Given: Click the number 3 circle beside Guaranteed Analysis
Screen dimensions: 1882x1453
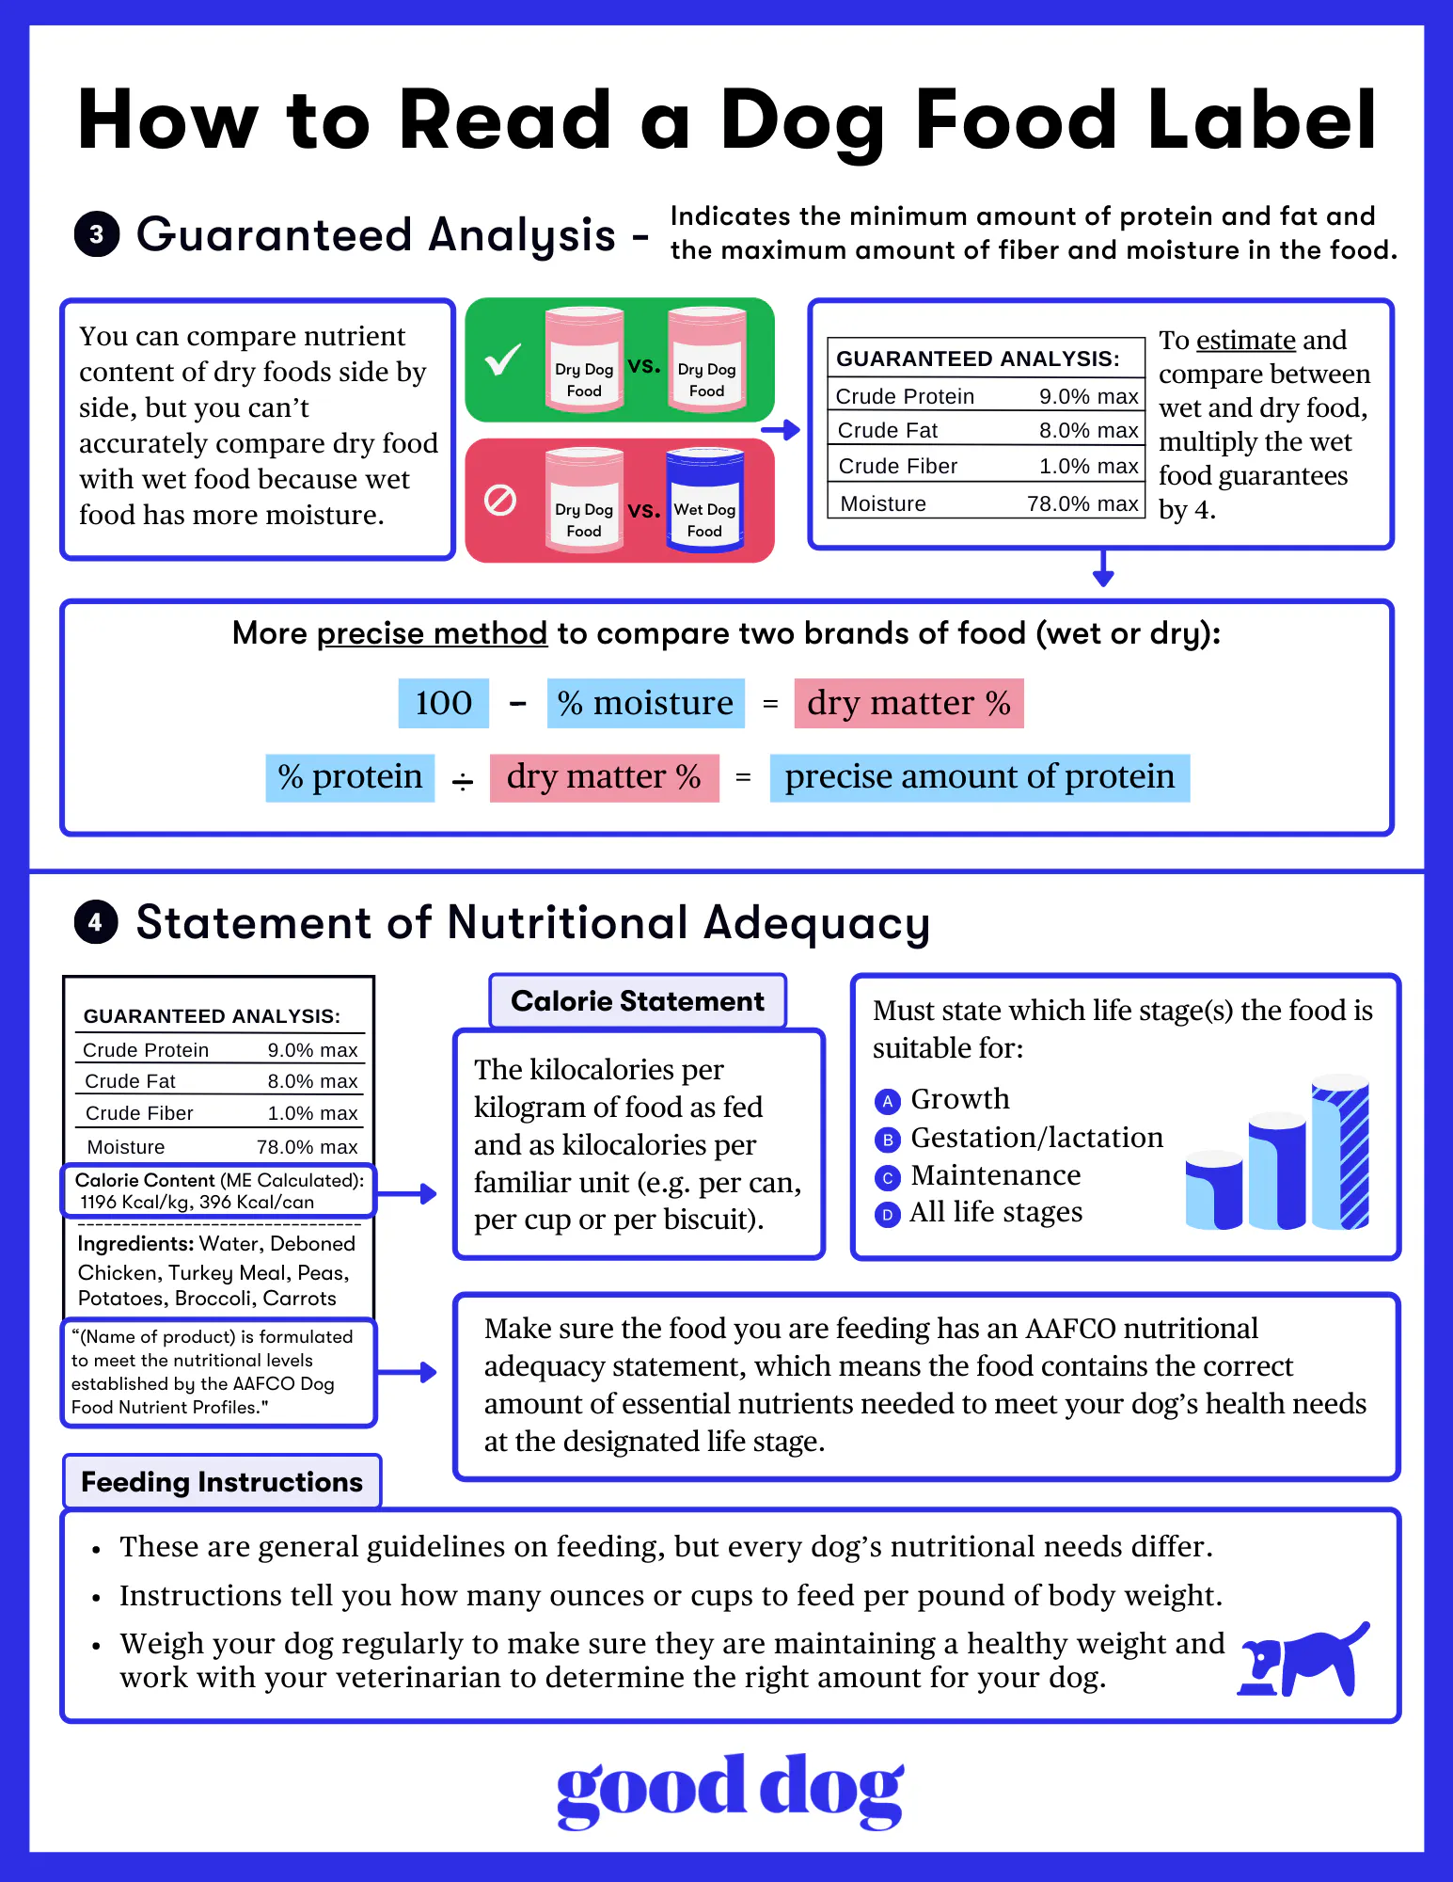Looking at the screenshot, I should click(97, 234).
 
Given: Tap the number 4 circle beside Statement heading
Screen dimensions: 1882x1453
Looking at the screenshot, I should click(96, 922).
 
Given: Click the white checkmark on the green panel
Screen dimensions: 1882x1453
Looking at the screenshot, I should click(503, 359).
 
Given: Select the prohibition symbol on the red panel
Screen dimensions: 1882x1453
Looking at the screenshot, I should click(500, 500).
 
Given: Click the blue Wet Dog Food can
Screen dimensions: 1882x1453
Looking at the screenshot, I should click(704, 500).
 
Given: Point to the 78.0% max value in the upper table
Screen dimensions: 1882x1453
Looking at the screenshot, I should click(1082, 503).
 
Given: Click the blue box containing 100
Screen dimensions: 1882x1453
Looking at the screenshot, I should click(444, 703).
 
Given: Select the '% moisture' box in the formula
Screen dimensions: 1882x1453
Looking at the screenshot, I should click(645, 703).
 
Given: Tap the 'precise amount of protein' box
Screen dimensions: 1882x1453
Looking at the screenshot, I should click(979, 777).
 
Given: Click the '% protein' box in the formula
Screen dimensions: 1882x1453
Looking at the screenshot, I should click(350, 777).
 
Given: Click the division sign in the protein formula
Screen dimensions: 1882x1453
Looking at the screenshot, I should click(463, 781).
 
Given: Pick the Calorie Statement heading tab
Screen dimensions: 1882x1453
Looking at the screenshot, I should click(638, 1001).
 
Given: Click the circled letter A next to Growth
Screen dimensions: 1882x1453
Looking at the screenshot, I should click(887, 1101).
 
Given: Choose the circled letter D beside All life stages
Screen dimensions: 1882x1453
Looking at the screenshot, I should click(887, 1214).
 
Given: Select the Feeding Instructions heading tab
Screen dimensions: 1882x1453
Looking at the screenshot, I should click(221, 1482).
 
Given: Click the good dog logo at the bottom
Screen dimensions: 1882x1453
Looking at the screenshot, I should click(730, 1790).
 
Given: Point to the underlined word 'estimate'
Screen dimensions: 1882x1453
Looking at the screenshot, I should click(1246, 340).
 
